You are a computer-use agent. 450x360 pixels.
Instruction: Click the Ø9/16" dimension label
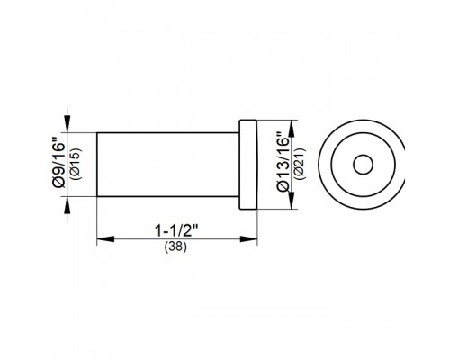(x=58, y=162)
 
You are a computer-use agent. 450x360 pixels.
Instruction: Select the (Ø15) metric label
(x=75, y=164)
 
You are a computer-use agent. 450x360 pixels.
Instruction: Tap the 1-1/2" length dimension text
(x=176, y=230)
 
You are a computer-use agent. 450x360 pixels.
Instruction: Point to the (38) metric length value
(x=175, y=247)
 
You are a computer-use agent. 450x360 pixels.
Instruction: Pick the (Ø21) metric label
(x=300, y=164)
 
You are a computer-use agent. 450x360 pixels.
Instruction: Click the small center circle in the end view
(x=363, y=165)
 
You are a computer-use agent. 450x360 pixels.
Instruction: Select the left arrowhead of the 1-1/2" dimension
(x=105, y=239)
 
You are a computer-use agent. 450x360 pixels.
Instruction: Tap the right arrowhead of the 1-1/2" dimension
(x=248, y=239)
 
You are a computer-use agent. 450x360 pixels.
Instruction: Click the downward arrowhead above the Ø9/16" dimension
(x=67, y=123)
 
